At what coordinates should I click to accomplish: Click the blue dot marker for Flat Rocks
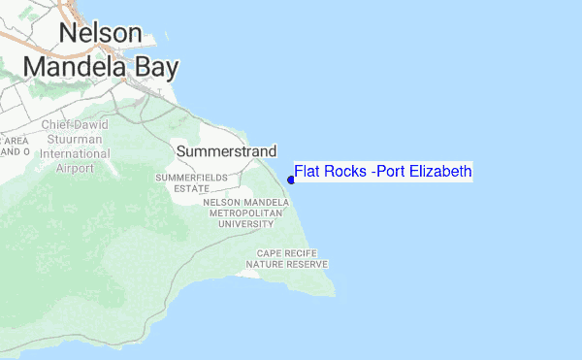point(291,179)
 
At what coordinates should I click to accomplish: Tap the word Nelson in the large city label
point(100,33)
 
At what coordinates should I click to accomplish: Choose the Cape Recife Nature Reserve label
point(287,258)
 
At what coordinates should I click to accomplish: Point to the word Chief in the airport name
point(58,125)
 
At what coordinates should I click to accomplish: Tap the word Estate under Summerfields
point(192,188)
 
